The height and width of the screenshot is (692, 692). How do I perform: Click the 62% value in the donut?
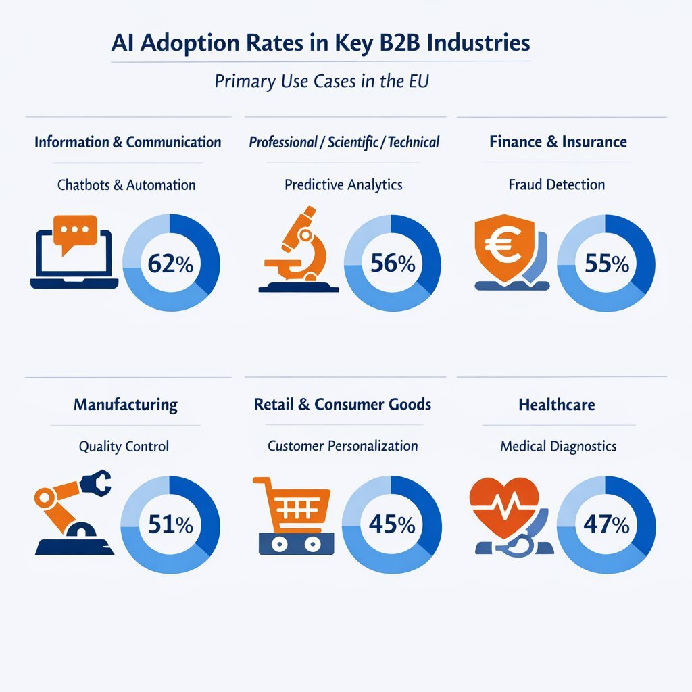(170, 263)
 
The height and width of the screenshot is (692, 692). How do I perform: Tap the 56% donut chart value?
(393, 263)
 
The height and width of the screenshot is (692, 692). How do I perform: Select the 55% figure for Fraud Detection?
(606, 263)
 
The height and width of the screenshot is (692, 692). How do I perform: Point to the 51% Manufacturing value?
(170, 524)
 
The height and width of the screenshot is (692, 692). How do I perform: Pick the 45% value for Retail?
(392, 524)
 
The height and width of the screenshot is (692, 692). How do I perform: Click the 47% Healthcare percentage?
(606, 524)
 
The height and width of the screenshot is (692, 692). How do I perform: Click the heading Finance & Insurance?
(558, 142)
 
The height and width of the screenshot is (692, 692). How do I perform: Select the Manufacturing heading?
(126, 405)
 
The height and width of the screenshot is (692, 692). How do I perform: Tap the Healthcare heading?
(557, 405)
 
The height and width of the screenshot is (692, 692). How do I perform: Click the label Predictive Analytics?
(343, 184)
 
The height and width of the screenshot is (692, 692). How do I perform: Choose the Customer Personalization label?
(343, 446)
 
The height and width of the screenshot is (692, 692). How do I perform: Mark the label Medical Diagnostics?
(558, 446)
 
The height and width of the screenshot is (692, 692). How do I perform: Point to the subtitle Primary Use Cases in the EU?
(322, 82)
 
